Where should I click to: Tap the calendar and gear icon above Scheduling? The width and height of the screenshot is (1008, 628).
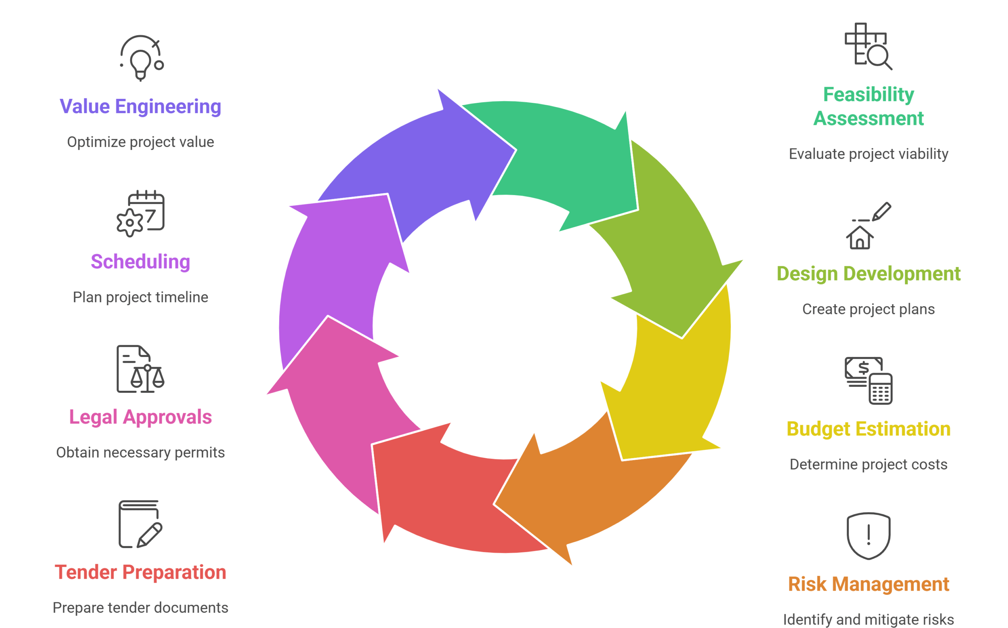click(141, 214)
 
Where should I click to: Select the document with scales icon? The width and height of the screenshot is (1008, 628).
click(140, 369)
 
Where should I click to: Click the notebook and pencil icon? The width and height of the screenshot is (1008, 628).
click(140, 524)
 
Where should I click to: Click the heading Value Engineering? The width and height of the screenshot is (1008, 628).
click(140, 106)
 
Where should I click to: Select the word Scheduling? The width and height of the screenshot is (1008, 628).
click(140, 262)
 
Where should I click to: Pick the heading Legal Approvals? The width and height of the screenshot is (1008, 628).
click(140, 417)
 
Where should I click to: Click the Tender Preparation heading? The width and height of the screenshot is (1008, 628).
click(140, 572)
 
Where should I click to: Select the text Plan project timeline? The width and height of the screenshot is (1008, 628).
click(140, 297)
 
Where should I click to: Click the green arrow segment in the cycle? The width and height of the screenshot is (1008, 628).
click(569, 162)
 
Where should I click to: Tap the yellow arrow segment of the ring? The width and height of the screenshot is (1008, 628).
click(676, 386)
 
